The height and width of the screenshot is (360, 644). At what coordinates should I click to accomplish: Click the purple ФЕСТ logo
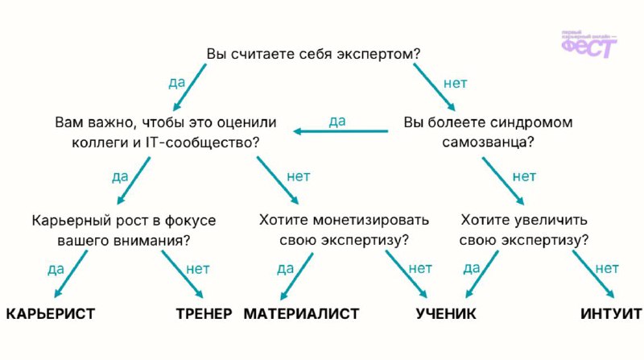[x=589, y=44]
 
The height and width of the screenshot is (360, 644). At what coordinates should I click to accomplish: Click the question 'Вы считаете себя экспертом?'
[x=313, y=54]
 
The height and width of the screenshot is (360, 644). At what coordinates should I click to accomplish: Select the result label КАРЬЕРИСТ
[x=51, y=313]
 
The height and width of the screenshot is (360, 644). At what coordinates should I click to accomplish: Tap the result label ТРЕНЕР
[x=204, y=313]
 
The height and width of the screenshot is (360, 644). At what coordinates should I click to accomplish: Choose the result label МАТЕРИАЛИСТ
[x=301, y=313]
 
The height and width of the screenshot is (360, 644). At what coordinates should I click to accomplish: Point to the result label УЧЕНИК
[x=446, y=313]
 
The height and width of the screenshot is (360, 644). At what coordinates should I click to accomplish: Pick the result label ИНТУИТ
[x=611, y=313]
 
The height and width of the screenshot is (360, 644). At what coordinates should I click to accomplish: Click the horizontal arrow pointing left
[x=341, y=131]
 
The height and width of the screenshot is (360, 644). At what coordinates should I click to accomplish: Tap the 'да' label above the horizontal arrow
[x=337, y=122]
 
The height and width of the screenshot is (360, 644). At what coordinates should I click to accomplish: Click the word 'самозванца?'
[x=488, y=143]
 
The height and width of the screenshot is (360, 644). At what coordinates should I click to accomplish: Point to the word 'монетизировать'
[x=371, y=220]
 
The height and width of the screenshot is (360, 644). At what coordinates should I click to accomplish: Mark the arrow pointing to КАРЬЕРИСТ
[x=71, y=274]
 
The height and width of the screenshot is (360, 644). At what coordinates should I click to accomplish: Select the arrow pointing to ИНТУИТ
[x=593, y=274]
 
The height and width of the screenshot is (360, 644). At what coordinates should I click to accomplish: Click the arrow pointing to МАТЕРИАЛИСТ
[x=296, y=276]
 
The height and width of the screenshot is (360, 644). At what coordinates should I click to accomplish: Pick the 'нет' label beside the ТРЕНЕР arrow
[x=198, y=269]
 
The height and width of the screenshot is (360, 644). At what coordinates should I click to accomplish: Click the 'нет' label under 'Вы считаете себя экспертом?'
[x=455, y=84]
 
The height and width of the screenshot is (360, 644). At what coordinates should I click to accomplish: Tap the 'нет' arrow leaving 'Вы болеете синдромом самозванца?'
[x=503, y=181]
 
